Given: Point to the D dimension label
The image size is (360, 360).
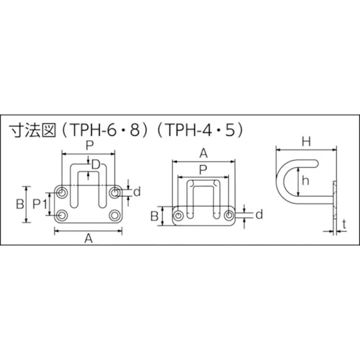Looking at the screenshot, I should coord(95,164).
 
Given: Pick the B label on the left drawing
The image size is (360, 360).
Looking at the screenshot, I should coord(19,204).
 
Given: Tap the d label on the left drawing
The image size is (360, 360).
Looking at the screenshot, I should coord(136,191).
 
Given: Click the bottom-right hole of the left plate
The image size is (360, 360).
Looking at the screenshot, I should coord(115,216).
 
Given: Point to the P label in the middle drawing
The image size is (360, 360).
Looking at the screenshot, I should coord(203,169).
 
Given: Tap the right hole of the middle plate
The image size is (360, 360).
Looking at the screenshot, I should coord(229,216).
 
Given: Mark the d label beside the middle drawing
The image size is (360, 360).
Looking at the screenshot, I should coord(259,215).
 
